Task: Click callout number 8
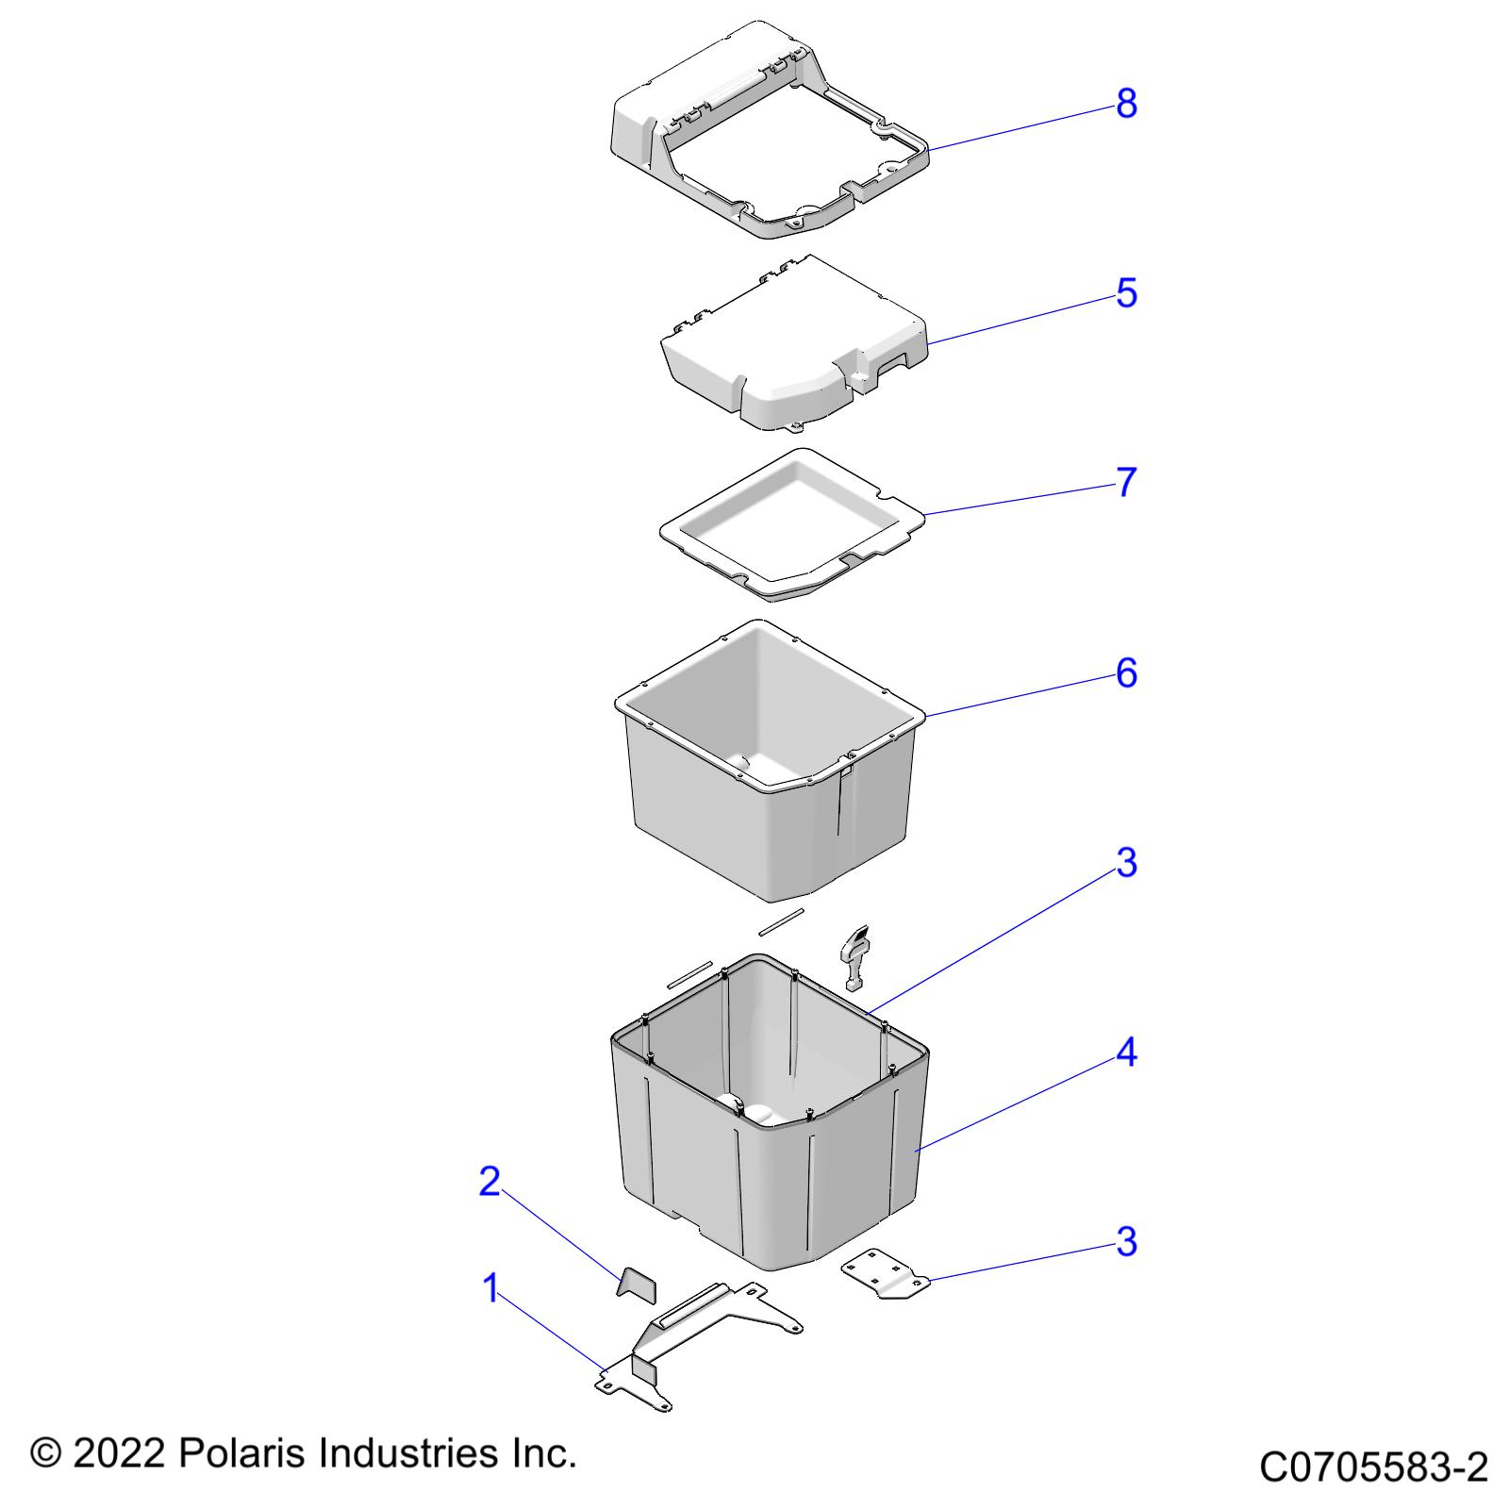click(x=1126, y=104)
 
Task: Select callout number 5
click(x=1126, y=293)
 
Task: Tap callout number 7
click(x=1126, y=483)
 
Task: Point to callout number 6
click(x=1126, y=673)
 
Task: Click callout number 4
click(x=1126, y=1053)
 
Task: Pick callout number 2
click(x=489, y=1181)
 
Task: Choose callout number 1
click(x=489, y=1288)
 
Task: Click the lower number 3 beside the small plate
click(x=1126, y=1242)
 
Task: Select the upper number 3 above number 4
click(x=1126, y=863)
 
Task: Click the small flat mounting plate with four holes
click(x=885, y=1273)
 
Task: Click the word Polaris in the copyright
click(x=243, y=1453)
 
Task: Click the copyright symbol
click(x=45, y=1453)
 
